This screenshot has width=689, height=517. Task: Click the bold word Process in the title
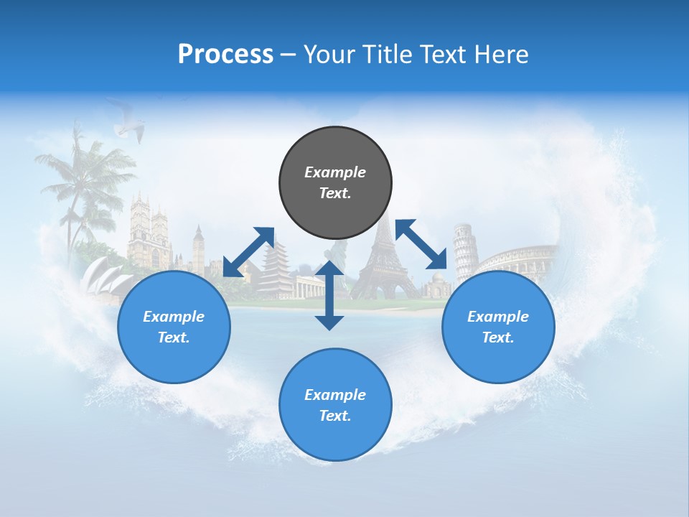click(225, 55)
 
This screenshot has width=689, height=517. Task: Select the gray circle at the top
click(335, 183)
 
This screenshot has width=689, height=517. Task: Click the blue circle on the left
click(174, 327)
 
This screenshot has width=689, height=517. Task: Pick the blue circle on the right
click(498, 327)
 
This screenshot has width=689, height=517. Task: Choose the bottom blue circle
click(335, 405)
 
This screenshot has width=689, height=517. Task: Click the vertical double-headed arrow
click(329, 295)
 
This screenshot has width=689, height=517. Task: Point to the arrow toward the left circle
click(248, 252)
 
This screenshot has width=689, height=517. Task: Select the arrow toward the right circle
click(421, 244)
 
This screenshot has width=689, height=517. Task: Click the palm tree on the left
click(83, 180)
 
